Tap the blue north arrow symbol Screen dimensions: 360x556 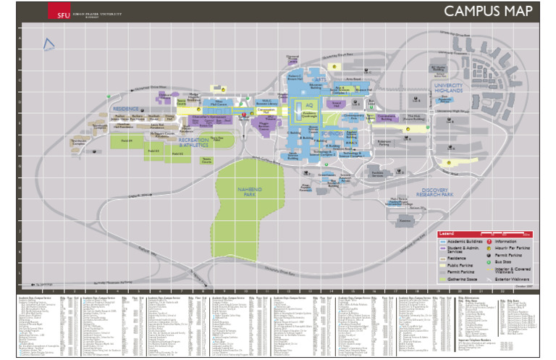(49, 45)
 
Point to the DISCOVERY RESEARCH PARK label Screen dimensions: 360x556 (446, 193)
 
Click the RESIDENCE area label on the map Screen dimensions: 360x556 (125, 109)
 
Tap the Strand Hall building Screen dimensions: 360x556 (337, 104)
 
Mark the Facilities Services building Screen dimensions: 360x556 (377, 174)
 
